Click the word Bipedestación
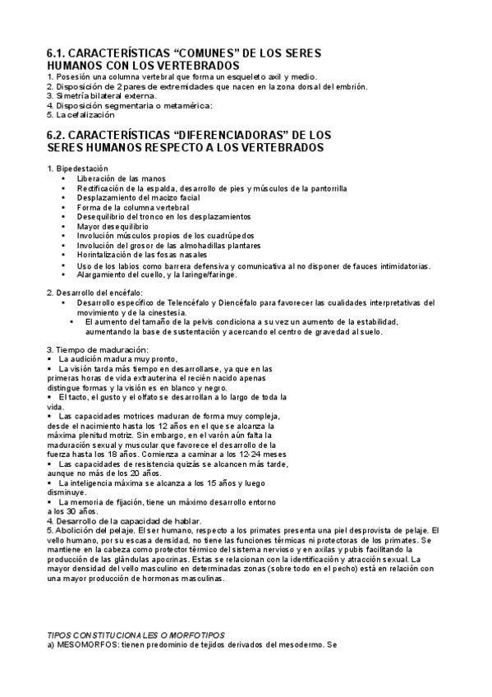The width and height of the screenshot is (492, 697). [80, 168]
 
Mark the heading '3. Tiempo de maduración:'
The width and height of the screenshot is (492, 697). [98, 351]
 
